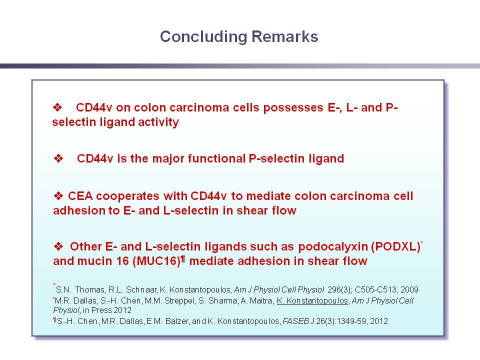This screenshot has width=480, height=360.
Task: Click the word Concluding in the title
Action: tap(203, 37)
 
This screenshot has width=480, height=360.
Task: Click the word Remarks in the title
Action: tap(284, 36)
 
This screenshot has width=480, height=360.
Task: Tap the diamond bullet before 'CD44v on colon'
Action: tap(57, 107)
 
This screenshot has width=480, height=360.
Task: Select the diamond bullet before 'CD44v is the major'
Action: tap(58, 158)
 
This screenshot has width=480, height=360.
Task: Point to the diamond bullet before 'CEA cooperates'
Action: tap(58, 195)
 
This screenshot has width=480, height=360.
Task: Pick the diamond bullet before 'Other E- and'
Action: tap(58, 246)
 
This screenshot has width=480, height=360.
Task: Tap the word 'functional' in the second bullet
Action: tap(216, 158)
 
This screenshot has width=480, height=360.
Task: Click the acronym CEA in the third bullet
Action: tap(80, 196)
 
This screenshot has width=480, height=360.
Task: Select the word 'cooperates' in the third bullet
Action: tap(127, 196)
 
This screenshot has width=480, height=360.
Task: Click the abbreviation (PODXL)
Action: tap(396, 246)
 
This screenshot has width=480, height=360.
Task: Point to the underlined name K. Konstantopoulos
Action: tap(312, 301)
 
